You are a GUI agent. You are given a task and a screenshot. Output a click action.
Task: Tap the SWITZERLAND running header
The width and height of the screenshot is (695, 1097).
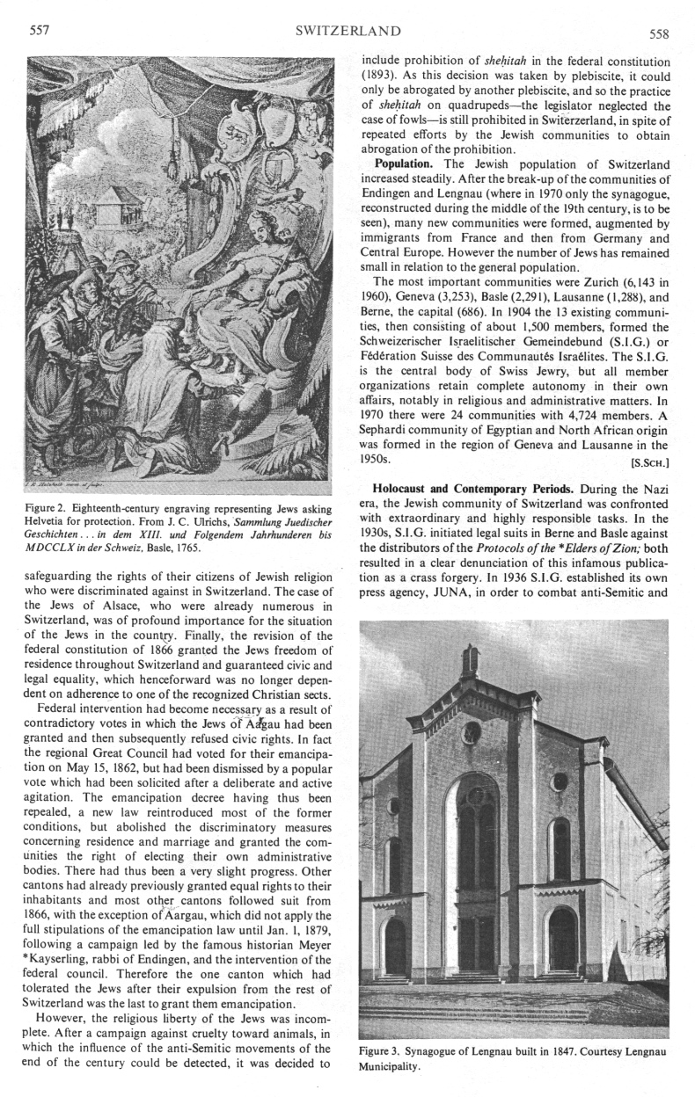click(x=348, y=32)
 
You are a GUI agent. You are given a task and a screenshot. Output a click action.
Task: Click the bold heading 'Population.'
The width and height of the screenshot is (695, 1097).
click(x=406, y=164)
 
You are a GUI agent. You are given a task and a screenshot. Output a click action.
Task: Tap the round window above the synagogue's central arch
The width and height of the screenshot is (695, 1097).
click(x=472, y=732)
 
